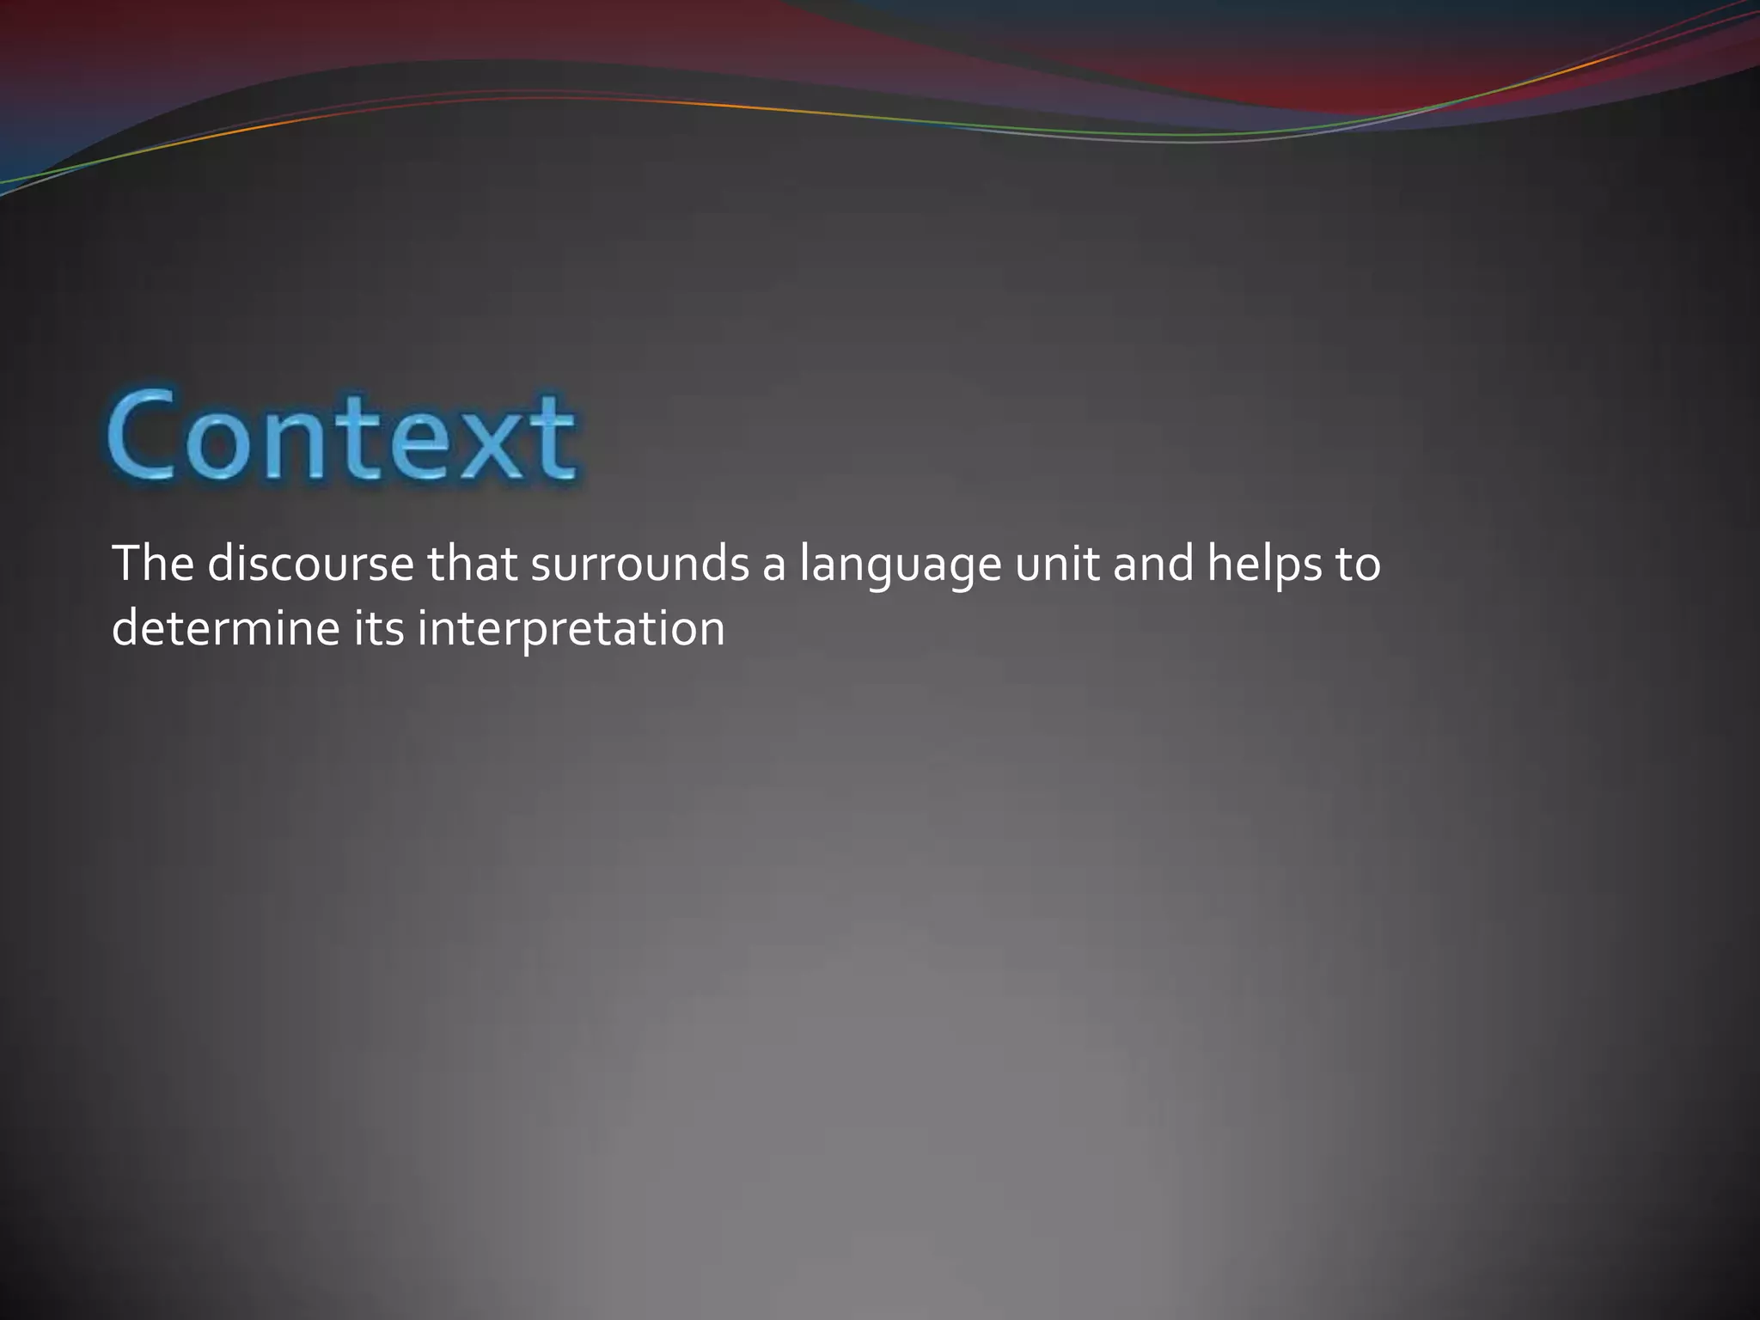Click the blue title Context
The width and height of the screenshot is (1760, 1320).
tap(341, 436)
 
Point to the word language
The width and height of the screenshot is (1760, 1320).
tap(900, 567)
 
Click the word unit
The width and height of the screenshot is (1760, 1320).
tap(1056, 564)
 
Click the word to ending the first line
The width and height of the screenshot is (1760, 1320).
tap(1358, 565)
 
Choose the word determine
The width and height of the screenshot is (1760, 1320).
tap(226, 629)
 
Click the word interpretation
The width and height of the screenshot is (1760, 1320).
tap(571, 632)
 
